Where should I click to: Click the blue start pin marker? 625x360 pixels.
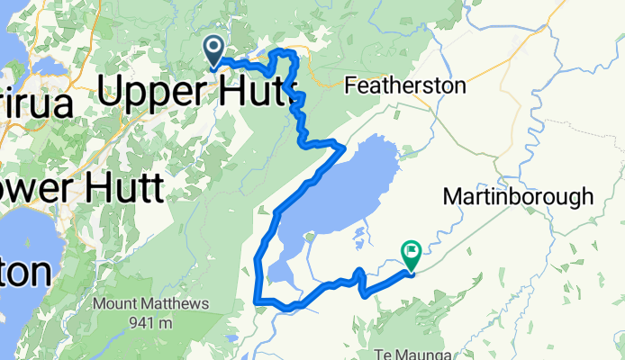point(214,51)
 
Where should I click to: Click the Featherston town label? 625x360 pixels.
point(406,86)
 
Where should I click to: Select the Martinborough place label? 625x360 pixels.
point(519,196)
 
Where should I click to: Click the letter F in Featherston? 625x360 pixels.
point(353,86)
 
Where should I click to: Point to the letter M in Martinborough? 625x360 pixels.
point(452,196)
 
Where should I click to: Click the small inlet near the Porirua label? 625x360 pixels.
point(45,67)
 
